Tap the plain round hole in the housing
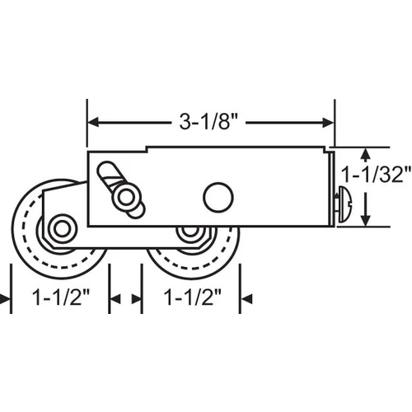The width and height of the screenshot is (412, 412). (218, 197)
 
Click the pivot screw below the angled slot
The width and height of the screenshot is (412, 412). (126, 198)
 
